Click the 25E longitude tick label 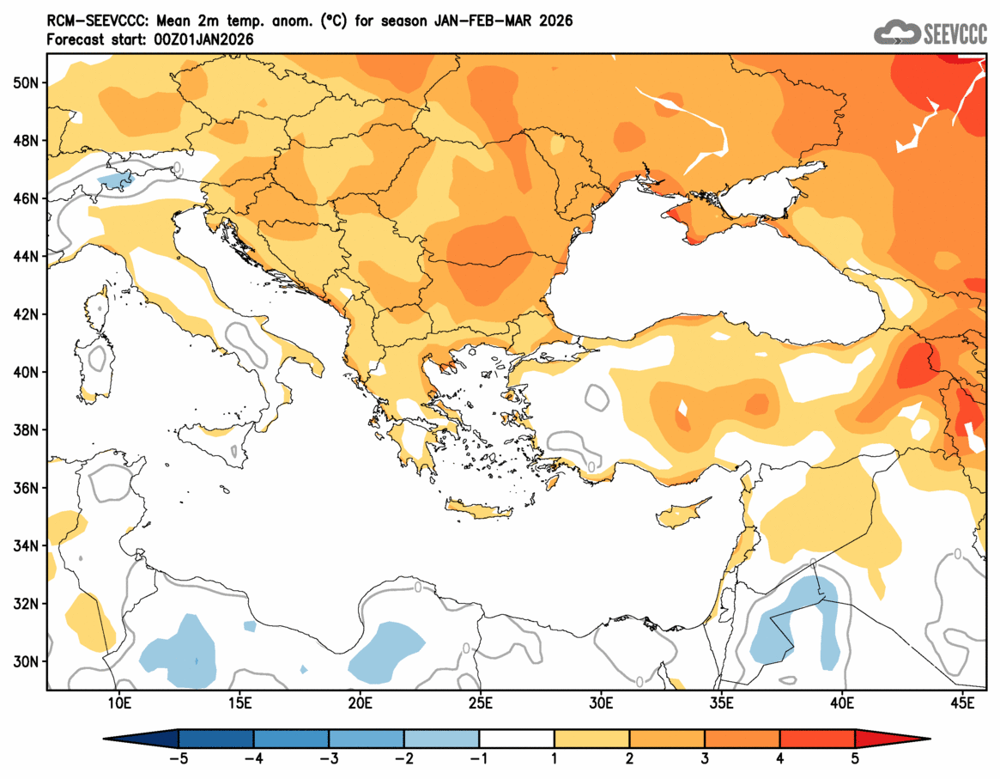480,704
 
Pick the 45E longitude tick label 964,704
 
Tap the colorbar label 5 855,758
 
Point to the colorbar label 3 705,758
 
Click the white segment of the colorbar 517,739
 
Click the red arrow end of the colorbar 893,739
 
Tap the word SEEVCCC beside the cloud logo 955,34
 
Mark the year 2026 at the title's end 556,21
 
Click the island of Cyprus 684,513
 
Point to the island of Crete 478,512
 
